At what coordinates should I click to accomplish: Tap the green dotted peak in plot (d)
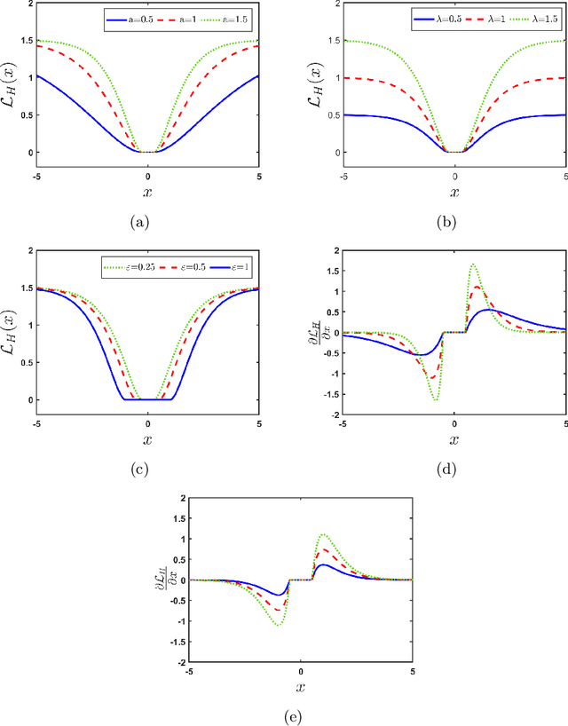473,264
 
